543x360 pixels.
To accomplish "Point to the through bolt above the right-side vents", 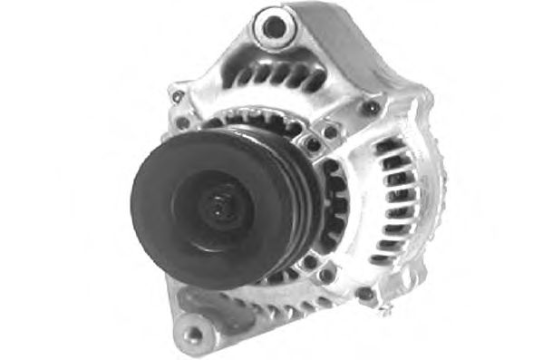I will (370, 108).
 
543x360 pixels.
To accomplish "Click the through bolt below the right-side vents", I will (364, 294).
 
